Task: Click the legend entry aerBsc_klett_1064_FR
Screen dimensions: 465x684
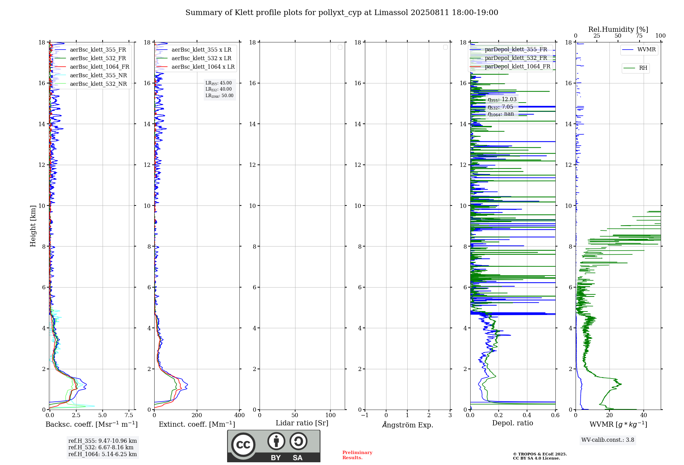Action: [x=99, y=67]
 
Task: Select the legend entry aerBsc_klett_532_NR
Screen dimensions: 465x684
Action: [x=98, y=84]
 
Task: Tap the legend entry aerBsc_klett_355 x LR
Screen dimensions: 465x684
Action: [x=201, y=50]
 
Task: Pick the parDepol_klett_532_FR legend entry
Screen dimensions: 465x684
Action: [x=516, y=58]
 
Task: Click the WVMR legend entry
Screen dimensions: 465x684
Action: [x=646, y=50]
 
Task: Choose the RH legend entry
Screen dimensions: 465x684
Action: [x=643, y=68]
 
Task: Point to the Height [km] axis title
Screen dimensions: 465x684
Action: [x=33, y=226]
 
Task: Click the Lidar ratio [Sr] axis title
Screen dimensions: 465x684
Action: [x=302, y=423]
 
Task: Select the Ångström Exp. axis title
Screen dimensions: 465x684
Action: [x=407, y=425]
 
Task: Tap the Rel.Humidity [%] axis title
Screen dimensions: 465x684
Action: [x=618, y=29]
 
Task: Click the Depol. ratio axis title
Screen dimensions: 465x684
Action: [x=512, y=423]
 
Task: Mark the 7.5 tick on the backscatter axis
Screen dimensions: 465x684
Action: [x=129, y=415]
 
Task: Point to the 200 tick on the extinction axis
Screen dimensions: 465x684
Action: [x=197, y=415]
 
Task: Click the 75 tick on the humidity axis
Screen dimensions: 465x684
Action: [x=639, y=36]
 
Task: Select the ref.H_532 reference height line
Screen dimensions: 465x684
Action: [x=101, y=448]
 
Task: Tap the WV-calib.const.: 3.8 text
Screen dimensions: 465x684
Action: [x=608, y=440]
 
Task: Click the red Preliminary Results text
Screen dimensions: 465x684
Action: [x=357, y=455]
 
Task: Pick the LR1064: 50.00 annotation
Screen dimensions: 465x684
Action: [x=219, y=96]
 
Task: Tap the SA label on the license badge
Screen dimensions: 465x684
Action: [x=297, y=458]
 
